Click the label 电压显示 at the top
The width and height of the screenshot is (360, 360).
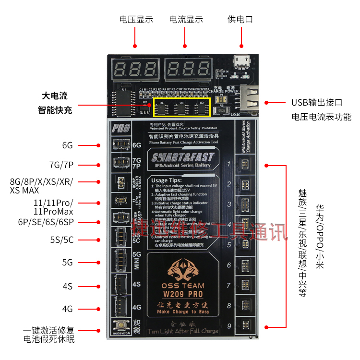(x=136, y=20)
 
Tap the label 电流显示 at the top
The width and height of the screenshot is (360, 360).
(x=186, y=20)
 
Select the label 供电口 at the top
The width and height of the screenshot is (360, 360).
(x=240, y=20)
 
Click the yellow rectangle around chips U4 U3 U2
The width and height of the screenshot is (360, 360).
(x=182, y=107)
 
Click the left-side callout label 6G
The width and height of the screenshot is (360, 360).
(x=67, y=145)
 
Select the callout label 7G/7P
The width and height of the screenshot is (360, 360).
(x=61, y=165)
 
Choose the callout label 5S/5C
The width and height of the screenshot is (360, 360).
(x=61, y=240)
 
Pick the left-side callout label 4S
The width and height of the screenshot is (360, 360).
(x=67, y=286)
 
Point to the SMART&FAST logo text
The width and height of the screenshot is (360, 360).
(x=182, y=157)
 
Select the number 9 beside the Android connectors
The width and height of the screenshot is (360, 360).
(x=229, y=326)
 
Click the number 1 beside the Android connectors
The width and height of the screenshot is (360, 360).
(x=229, y=165)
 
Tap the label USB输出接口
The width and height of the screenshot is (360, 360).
(x=317, y=103)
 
